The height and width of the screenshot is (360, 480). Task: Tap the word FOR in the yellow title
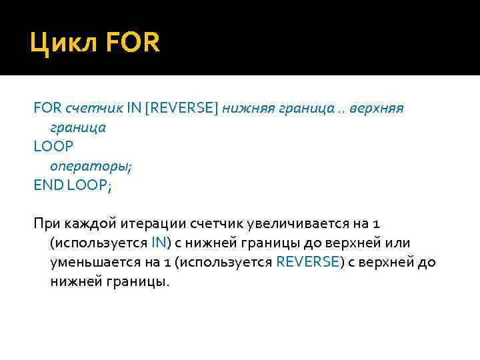point(133,45)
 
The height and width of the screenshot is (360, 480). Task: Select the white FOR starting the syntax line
point(47,107)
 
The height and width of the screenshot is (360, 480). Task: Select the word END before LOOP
point(47,185)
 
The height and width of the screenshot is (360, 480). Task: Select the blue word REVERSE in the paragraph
point(307,262)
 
